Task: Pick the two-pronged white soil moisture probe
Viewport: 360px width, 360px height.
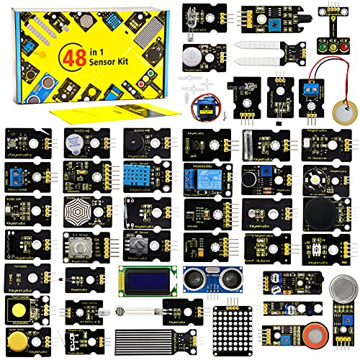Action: click(x=260, y=54)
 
